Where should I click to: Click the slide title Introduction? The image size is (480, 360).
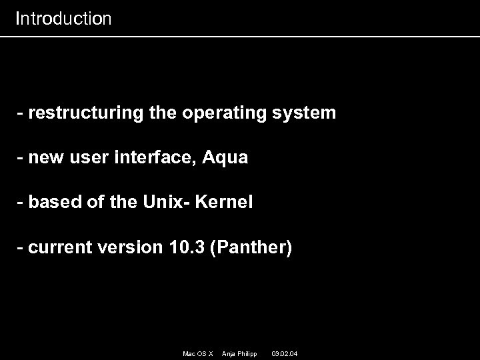63,19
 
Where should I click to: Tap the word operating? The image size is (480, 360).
224,113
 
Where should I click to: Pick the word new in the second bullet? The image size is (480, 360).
45,158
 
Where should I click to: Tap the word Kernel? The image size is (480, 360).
225,203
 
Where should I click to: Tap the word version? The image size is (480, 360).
129,248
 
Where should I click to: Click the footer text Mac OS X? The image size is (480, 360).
197,353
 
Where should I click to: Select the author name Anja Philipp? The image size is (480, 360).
239,353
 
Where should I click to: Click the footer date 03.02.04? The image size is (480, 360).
285,353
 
